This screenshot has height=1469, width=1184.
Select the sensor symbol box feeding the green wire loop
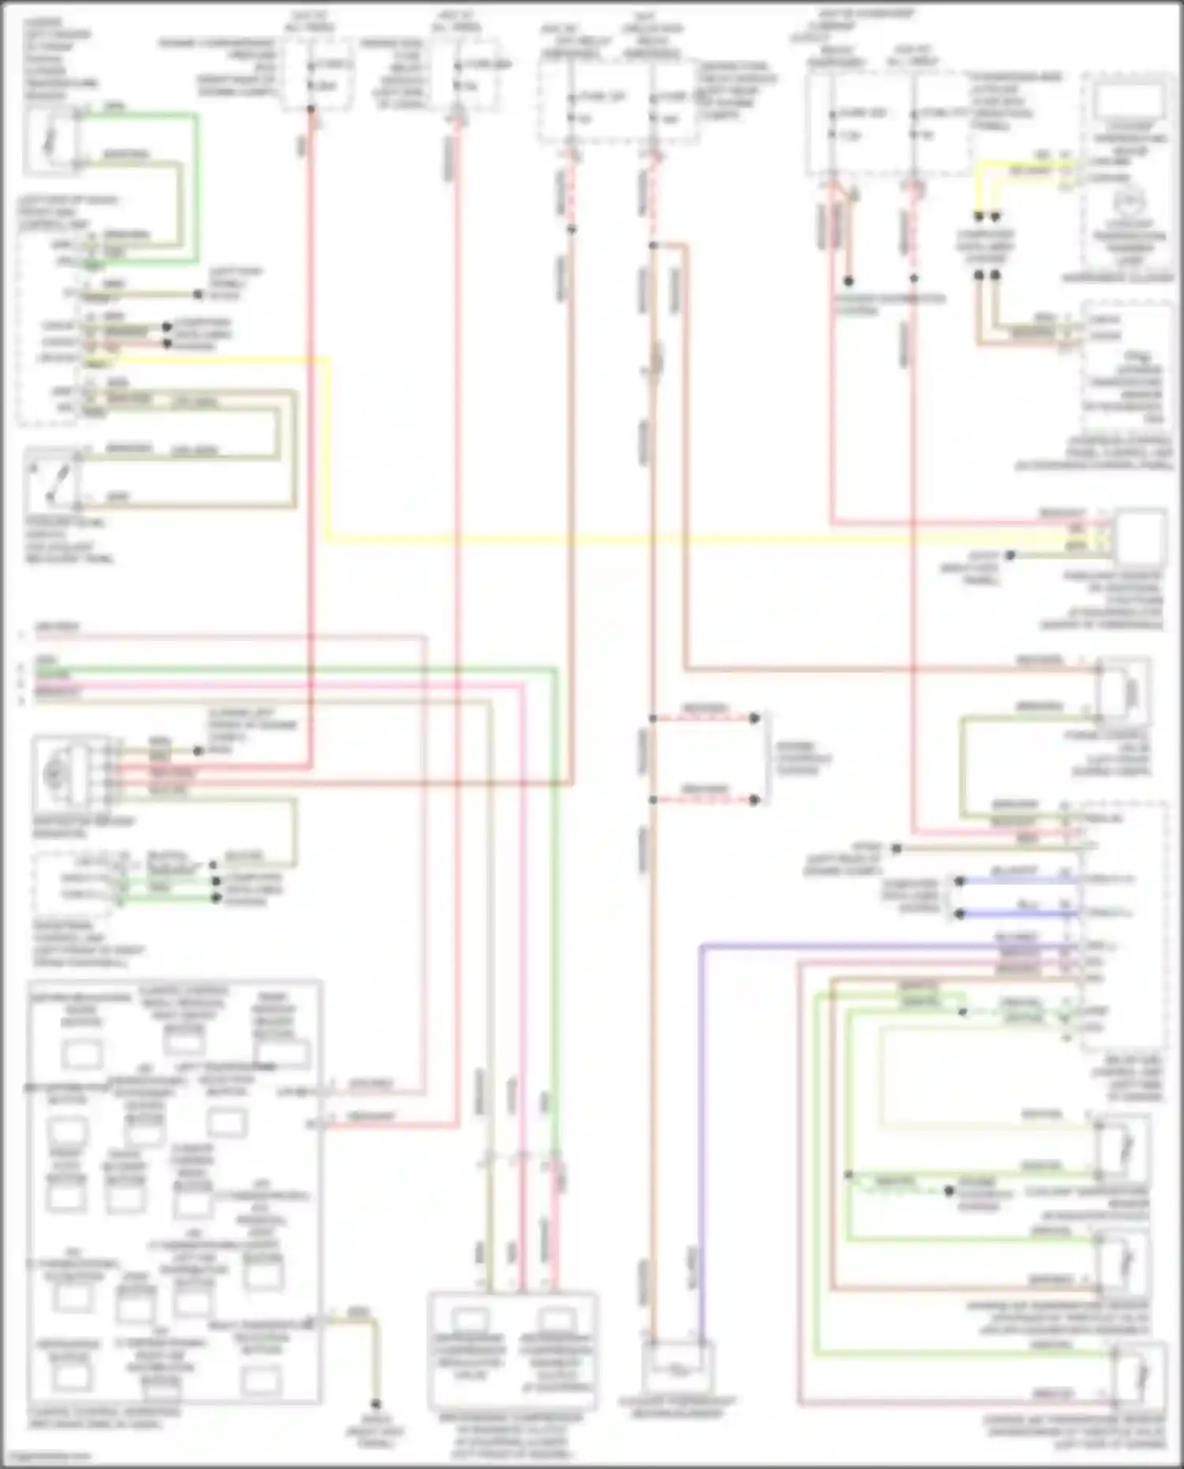(49, 141)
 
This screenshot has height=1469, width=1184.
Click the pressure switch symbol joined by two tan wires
(52, 478)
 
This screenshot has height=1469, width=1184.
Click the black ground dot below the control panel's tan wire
(376, 1404)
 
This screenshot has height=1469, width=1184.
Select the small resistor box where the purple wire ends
(678, 1366)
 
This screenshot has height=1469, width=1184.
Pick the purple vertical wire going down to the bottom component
(701, 1145)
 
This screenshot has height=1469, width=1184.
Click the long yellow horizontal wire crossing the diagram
(631, 541)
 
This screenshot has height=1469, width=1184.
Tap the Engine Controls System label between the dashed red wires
(801, 759)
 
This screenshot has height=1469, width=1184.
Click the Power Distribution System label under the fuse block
(890, 305)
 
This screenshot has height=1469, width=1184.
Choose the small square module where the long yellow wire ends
(1140, 538)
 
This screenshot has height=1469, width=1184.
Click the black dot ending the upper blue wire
(959, 880)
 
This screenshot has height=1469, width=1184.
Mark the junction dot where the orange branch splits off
(653, 245)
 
